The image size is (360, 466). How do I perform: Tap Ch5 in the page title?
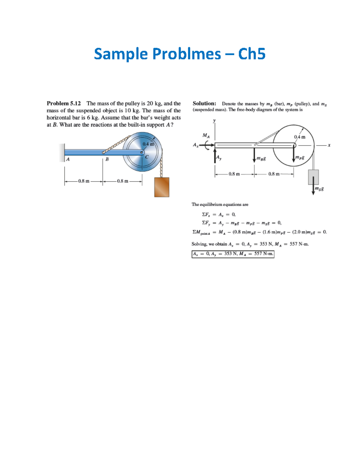pos(252,54)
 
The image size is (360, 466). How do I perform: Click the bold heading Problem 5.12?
pos(64,104)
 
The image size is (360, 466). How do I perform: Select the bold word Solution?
pos(204,104)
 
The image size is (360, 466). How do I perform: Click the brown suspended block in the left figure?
pos(162,187)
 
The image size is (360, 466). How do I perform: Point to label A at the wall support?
pos(68,159)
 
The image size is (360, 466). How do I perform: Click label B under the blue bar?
pos(107,159)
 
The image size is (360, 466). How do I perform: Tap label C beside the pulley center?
pos(147,157)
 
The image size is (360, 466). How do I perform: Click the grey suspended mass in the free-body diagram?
pos(313,177)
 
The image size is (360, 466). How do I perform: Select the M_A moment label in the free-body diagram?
pos(206,136)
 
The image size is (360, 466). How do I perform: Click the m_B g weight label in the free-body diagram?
pos(261,158)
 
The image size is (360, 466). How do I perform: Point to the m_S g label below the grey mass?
pos(319,189)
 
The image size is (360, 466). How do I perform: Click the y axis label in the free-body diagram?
pos(214,121)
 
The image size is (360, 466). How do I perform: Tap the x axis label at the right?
pos(329,145)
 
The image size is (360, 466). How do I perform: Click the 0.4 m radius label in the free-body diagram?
pos(299,137)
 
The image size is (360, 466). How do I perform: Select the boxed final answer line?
pos(233,254)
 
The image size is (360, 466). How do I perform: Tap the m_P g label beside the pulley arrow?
pos(300,157)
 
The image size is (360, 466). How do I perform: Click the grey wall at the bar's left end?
pos(62,152)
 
